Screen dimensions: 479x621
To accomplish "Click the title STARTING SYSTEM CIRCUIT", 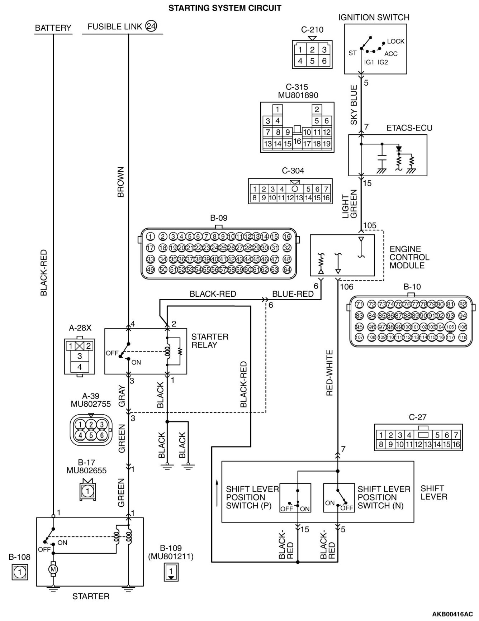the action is point(225,8).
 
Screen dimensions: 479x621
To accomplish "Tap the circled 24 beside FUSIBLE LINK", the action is point(151,26).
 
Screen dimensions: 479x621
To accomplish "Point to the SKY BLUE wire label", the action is point(354,105).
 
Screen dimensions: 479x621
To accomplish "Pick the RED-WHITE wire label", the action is point(329,373).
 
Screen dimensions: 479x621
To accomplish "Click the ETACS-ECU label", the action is point(409,128).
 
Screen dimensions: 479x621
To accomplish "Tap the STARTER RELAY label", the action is point(210,341).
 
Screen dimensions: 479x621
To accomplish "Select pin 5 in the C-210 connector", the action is point(312,61).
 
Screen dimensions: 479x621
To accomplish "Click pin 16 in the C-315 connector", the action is point(297,141).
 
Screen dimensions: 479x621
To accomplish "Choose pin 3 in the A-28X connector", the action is point(80,356).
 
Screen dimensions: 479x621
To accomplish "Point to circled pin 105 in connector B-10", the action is point(450,327).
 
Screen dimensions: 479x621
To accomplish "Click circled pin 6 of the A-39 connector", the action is point(102,435).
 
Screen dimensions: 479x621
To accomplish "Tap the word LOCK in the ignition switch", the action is point(396,41).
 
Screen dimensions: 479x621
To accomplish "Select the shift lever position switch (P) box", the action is point(295,498).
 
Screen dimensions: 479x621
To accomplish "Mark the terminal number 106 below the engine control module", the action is point(347,287).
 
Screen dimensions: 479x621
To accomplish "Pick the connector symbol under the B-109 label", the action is point(171,571).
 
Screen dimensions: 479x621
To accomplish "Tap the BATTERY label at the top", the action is point(53,28).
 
